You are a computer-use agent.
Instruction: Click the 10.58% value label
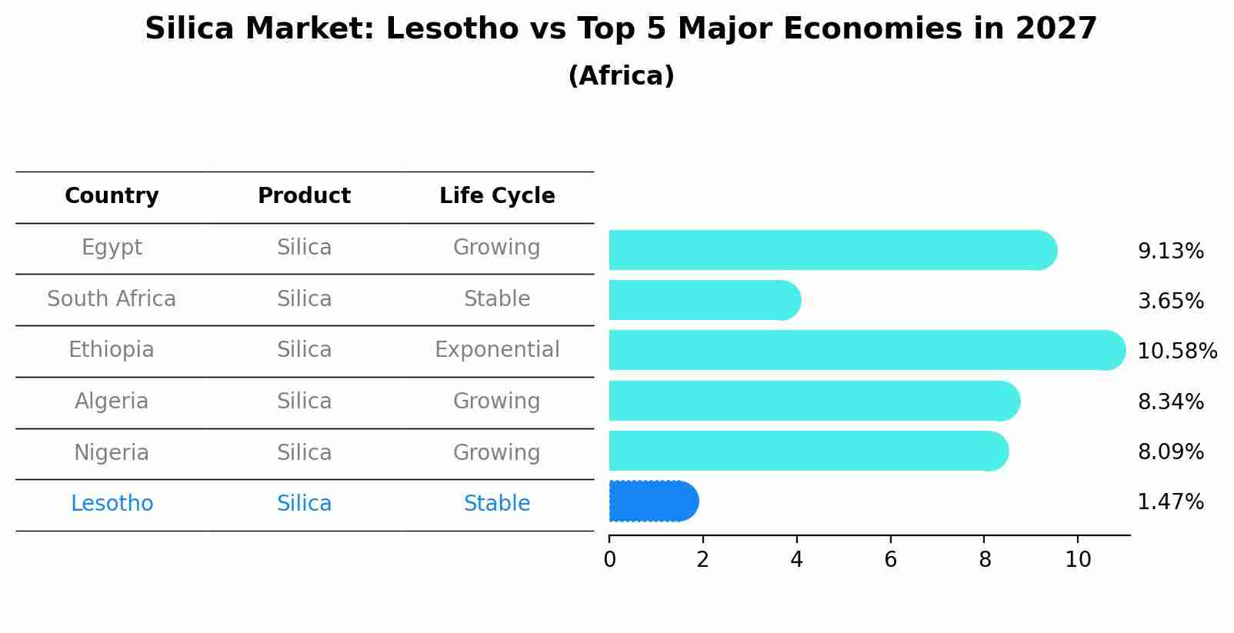[1176, 351]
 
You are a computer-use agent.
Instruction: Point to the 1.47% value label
[1170, 502]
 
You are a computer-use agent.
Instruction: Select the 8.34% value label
[1170, 401]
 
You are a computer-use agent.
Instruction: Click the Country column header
[112, 196]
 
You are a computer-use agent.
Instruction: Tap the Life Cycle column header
[497, 196]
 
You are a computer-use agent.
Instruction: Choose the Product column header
[304, 196]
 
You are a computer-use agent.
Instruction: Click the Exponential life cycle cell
[497, 350]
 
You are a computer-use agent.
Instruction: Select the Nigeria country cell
[112, 452]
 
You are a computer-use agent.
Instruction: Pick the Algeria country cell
[112, 401]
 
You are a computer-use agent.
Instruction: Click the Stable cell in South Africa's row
[497, 299]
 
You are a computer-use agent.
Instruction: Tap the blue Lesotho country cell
[112, 504]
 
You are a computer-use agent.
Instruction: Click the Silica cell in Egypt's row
[304, 248]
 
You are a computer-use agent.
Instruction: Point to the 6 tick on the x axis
[890, 560]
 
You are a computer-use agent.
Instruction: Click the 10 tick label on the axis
[1078, 560]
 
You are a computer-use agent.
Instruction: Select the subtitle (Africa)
[621, 76]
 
